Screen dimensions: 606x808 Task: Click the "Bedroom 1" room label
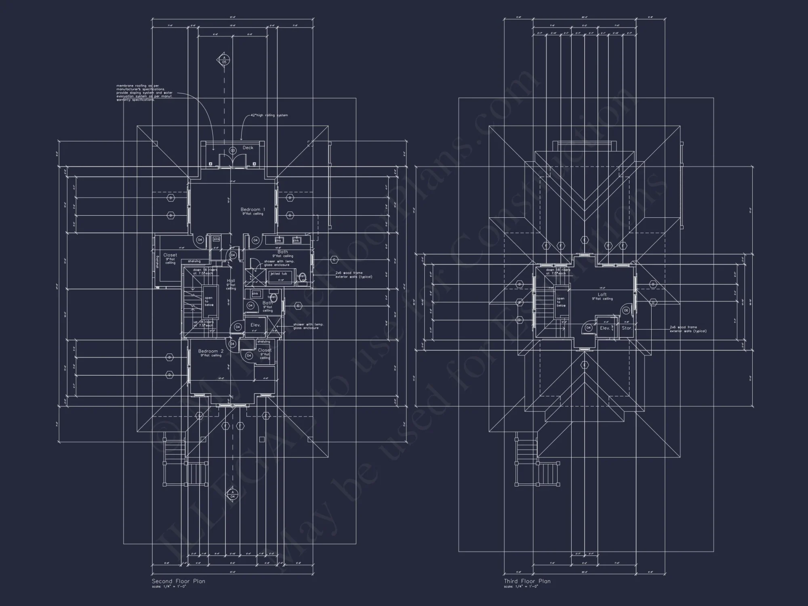pyautogui.click(x=253, y=209)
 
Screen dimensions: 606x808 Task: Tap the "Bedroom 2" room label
pyautogui.click(x=210, y=351)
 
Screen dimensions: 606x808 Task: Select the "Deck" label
pyautogui.click(x=248, y=147)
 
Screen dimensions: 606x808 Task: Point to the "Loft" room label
pyautogui.click(x=602, y=295)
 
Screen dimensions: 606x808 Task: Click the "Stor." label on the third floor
pyautogui.click(x=627, y=328)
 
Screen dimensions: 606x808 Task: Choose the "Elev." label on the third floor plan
pyautogui.click(x=605, y=328)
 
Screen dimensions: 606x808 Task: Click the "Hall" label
pyautogui.click(x=231, y=281)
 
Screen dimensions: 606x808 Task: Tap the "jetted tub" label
pyautogui.click(x=278, y=274)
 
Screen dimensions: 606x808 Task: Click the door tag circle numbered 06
pyautogui.click(x=626, y=310)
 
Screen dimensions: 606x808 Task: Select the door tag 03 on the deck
pyautogui.click(x=232, y=151)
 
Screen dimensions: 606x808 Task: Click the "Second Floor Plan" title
pyautogui.click(x=178, y=581)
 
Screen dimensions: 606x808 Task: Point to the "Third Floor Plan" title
pyautogui.click(x=527, y=581)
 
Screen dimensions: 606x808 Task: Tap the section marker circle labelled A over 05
pyautogui.click(x=224, y=60)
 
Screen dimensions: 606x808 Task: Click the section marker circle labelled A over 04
pyautogui.click(x=232, y=494)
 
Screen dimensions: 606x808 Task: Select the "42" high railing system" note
pyautogui.click(x=269, y=115)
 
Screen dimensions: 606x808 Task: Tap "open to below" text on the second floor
pyautogui.click(x=208, y=301)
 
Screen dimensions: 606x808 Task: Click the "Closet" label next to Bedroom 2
pyautogui.click(x=265, y=350)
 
